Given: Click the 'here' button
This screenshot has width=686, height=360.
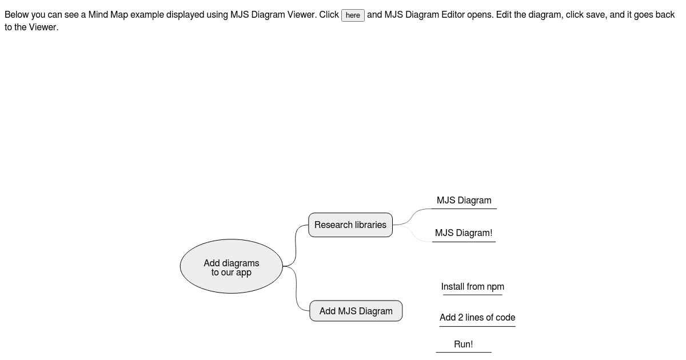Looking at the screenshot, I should pyautogui.click(x=353, y=15).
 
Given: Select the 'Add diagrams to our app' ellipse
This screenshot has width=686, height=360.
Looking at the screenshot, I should pyautogui.click(x=231, y=267).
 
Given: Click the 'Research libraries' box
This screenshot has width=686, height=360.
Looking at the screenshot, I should pyautogui.click(x=350, y=225).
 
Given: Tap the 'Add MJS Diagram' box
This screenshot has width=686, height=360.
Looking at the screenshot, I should pyautogui.click(x=356, y=311).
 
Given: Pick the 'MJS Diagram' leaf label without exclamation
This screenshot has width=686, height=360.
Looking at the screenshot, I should pyautogui.click(x=464, y=201).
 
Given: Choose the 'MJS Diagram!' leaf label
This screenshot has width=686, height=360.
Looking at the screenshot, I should pyautogui.click(x=463, y=233).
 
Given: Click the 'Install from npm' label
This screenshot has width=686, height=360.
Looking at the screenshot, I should pyautogui.click(x=472, y=287).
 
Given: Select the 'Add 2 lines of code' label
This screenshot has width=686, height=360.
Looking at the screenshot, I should pyautogui.click(x=477, y=318).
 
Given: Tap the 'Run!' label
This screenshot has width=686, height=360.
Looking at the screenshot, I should pyautogui.click(x=463, y=345).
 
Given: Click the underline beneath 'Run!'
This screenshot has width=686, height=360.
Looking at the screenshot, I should pyautogui.click(x=463, y=352).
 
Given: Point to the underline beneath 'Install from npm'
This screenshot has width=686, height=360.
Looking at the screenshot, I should pyautogui.click(x=472, y=295).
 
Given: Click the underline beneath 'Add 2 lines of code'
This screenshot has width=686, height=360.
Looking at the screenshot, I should pyautogui.click(x=477, y=326).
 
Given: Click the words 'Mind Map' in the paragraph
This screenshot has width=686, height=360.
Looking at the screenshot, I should pyautogui.click(x=108, y=15).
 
